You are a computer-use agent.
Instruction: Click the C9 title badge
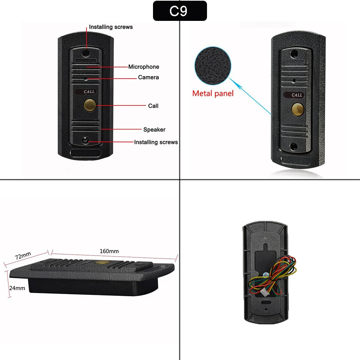(180, 11)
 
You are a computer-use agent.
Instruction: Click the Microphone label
(144, 67)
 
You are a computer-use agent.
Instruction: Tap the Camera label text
(148, 77)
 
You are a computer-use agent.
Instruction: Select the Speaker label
(154, 130)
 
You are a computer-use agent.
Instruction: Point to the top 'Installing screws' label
(111, 27)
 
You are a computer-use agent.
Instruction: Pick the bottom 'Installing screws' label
(156, 142)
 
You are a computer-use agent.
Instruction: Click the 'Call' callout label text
(153, 106)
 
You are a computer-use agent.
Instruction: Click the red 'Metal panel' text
(213, 94)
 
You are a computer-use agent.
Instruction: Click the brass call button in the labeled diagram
(89, 105)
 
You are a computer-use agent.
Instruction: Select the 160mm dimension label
(109, 251)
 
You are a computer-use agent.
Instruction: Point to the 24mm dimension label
(17, 288)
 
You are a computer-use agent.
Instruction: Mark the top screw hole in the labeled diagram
(86, 53)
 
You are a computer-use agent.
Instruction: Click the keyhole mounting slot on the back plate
(266, 248)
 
